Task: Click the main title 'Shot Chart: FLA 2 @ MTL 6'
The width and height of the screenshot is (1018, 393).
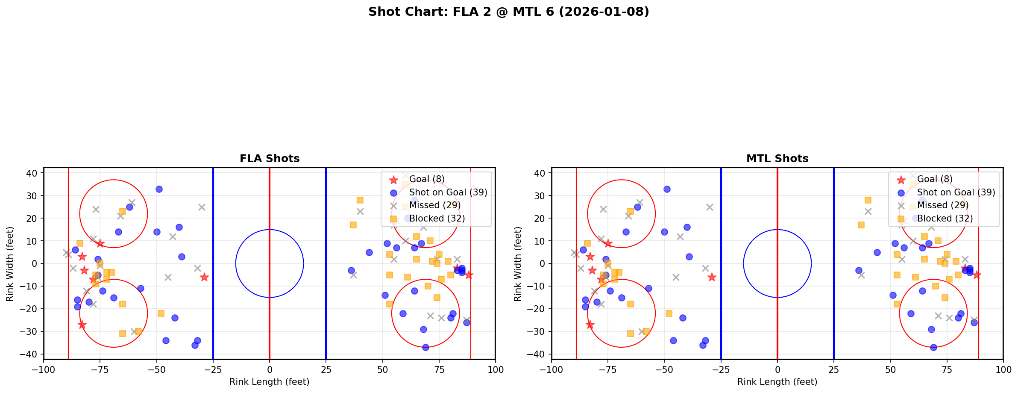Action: (x=508, y=12)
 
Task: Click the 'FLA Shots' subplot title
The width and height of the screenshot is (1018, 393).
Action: (x=270, y=159)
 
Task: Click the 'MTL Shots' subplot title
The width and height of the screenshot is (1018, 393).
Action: (x=777, y=159)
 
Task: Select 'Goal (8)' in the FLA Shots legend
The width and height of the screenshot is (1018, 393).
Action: (x=427, y=179)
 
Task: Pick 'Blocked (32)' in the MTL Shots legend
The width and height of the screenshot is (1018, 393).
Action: (x=945, y=219)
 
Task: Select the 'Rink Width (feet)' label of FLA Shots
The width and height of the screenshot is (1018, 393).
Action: (x=10, y=263)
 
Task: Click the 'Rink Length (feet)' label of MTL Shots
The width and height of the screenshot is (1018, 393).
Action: (x=777, y=382)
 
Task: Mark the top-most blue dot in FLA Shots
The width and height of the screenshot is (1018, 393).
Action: (x=159, y=189)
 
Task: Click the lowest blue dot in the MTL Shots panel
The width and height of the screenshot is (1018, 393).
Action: (x=933, y=347)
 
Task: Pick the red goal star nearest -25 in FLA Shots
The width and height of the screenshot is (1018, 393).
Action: (x=204, y=277)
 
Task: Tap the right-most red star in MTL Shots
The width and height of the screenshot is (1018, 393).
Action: (x=977, y=275)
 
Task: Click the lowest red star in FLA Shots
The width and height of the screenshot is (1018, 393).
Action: (x=82, y=325)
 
